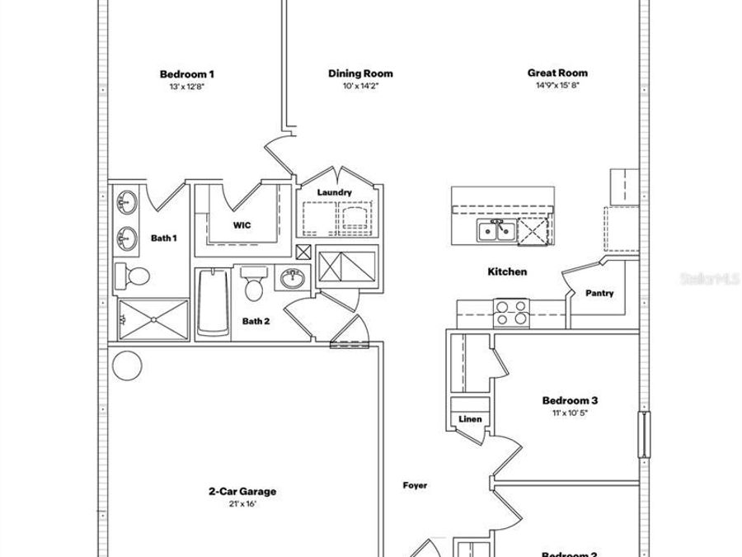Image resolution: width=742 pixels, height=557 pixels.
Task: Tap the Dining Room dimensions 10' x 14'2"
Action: click(360, 86)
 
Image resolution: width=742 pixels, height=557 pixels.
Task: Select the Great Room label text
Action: click(558, 73)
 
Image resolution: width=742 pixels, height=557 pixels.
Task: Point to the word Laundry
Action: click(335, 193)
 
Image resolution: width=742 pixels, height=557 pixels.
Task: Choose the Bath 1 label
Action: click(163, 238)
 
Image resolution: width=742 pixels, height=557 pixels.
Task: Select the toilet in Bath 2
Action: click(255, 285)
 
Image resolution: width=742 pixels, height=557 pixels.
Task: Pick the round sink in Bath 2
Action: click(291, 279)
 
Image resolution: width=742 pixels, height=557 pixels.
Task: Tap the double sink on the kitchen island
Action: click(497, 231)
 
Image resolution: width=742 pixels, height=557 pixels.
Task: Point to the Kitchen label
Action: click(507, 271)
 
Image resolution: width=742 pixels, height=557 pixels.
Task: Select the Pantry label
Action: click(599, 293)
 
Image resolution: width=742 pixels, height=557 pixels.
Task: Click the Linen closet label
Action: click(469, 419)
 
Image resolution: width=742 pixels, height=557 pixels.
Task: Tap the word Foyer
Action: click(415, 485)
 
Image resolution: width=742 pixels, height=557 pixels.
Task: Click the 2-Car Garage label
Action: click(242, 492)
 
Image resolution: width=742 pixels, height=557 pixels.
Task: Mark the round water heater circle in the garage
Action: click(127, 365)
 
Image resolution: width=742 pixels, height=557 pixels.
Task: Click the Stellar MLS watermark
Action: click(708, 279)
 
